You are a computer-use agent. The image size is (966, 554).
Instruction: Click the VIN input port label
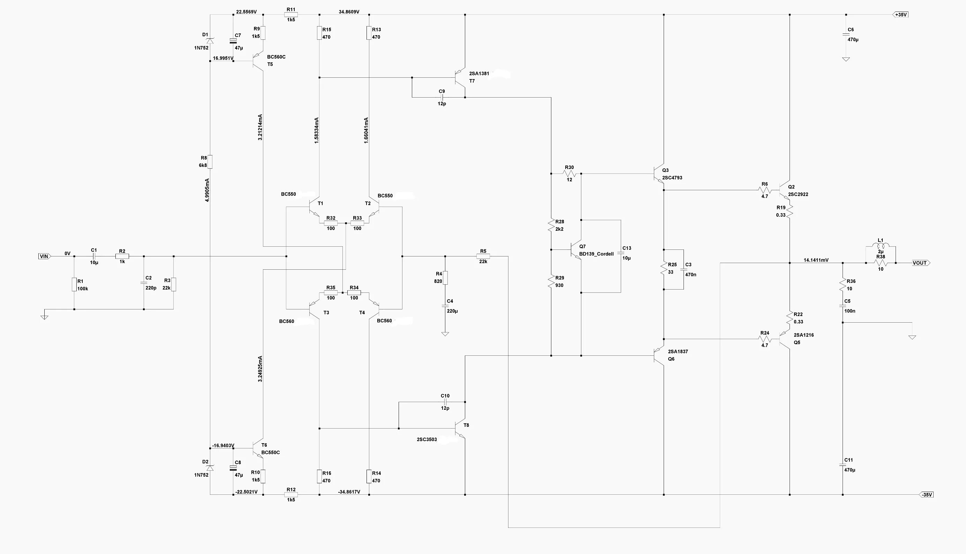[44, 256]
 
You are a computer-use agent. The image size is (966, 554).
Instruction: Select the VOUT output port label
[920, 263]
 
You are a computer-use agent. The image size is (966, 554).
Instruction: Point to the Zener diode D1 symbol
[210, 40]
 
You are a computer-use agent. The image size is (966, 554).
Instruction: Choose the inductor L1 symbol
[880, 246]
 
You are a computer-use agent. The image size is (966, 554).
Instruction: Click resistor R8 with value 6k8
[210, 162]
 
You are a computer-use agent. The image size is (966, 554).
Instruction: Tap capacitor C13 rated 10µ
[621, 253]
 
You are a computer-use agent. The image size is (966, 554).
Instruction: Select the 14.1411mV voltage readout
[816, 260]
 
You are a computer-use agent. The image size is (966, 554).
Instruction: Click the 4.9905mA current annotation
[207, 190]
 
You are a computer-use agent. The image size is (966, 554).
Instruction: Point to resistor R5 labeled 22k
[483, 256]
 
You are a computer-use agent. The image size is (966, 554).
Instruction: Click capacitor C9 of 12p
[442, 98]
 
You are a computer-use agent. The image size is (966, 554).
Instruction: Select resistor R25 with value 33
[664, 269]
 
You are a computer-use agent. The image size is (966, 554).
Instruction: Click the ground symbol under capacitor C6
[846, 59]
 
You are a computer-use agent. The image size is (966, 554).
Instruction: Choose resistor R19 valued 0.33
[790, 211]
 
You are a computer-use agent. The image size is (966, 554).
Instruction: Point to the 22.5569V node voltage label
[246, 12]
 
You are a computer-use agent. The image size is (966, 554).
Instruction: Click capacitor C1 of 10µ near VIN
[94, 256]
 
